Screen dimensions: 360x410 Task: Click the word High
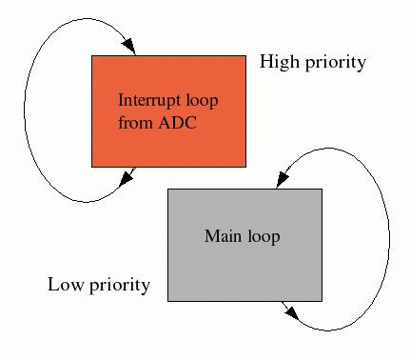(x=279, y=63)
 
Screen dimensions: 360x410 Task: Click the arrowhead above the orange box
(x=129, y=47)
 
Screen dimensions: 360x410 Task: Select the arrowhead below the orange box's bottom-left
(x=127, y=177)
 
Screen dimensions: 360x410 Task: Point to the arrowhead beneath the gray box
(x=290, y=310)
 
